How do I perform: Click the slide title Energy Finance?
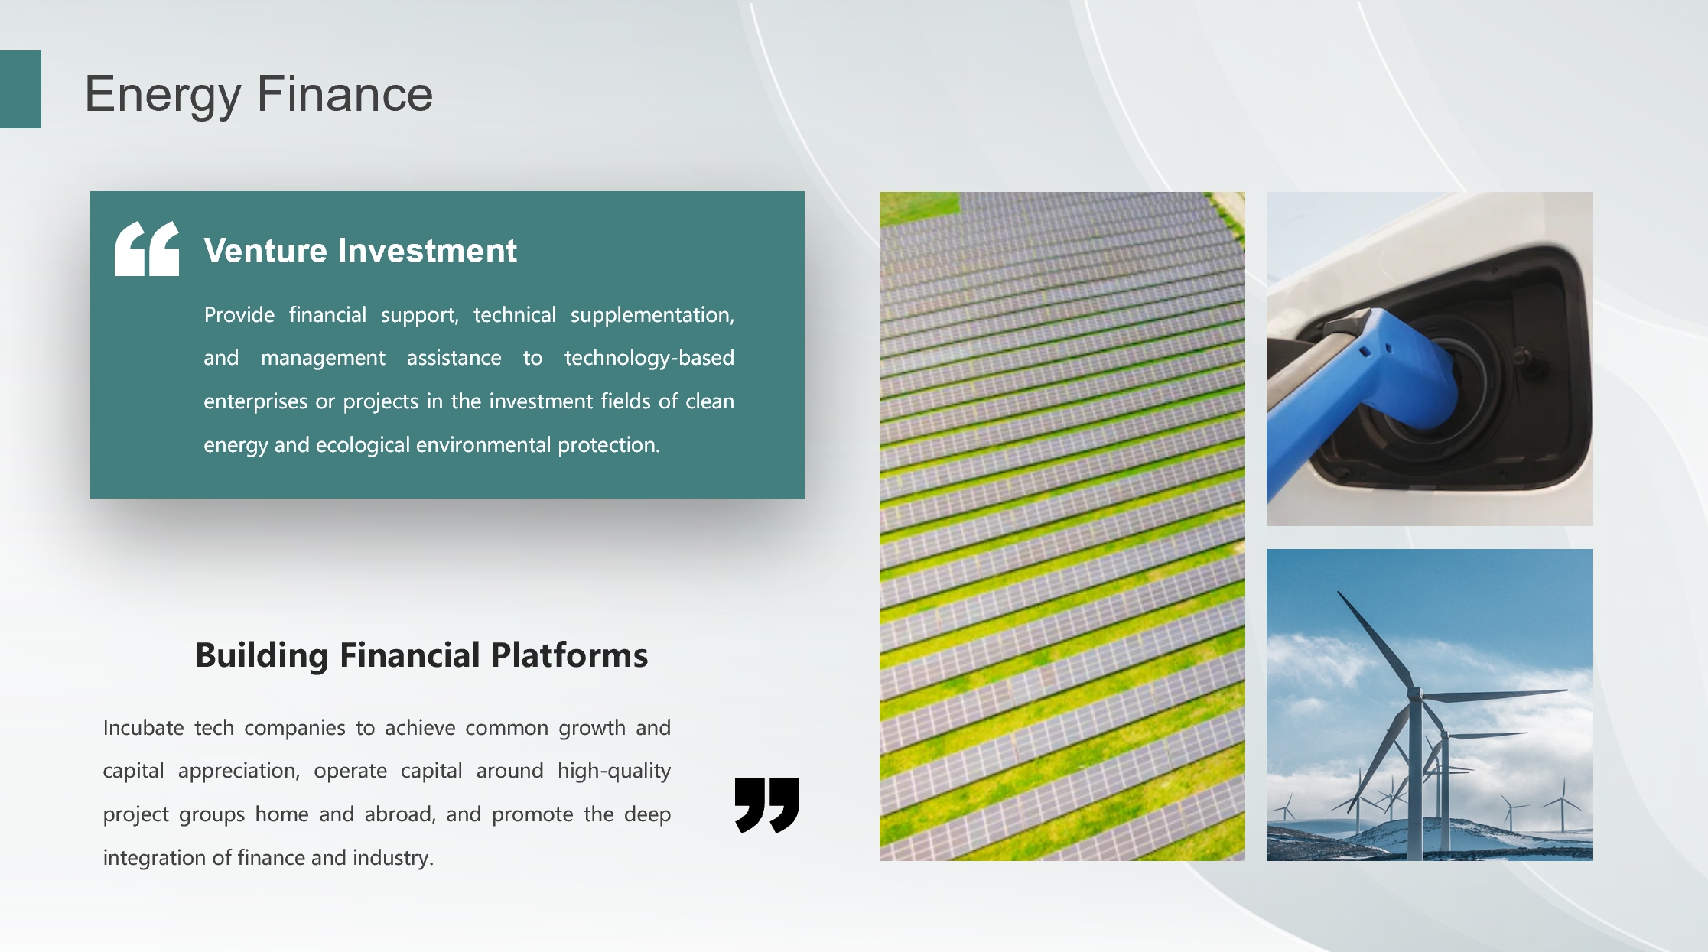tap(259, 95)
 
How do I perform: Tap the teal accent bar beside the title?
tap(21, 89)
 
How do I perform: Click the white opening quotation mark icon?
tap(147, 249)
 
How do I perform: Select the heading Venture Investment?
tap(360, 251)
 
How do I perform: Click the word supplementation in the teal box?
tap(652, 315)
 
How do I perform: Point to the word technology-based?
tap(649, 358)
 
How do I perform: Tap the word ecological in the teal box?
tap(363, 445)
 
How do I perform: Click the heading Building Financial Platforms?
tap(421, 655)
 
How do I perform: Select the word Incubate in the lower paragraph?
tap(144, 727)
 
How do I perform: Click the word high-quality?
tap(614, 771)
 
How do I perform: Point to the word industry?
tap(393, 858)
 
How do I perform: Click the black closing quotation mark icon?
tap(767, 805)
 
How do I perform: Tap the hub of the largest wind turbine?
tap(1415, 695)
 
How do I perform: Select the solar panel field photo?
tap(1062, 526)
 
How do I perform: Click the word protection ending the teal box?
tap(609, 445)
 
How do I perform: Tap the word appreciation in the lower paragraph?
tap(239, 771)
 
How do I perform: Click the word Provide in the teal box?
tap(239, 315)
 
